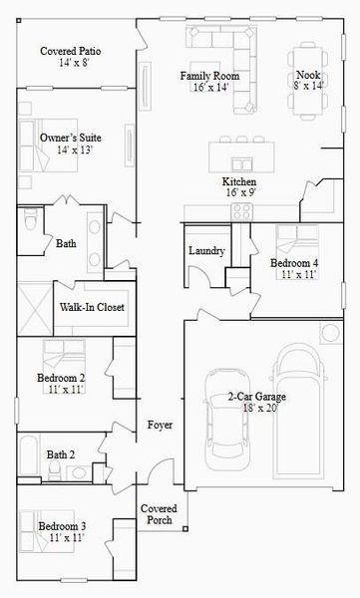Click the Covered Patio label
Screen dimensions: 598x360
70,52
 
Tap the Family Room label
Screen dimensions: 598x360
208,76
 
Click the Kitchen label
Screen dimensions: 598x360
239,183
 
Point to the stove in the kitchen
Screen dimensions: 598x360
242,210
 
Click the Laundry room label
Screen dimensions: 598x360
206,251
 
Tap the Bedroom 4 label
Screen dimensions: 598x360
295,263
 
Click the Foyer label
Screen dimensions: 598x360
160,426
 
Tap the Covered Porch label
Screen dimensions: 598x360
160,514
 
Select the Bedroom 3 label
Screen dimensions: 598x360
62,525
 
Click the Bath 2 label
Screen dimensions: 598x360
61,455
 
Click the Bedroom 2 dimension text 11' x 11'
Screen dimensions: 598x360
61,391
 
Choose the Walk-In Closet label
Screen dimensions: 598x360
92,308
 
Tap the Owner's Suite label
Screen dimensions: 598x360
69,138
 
